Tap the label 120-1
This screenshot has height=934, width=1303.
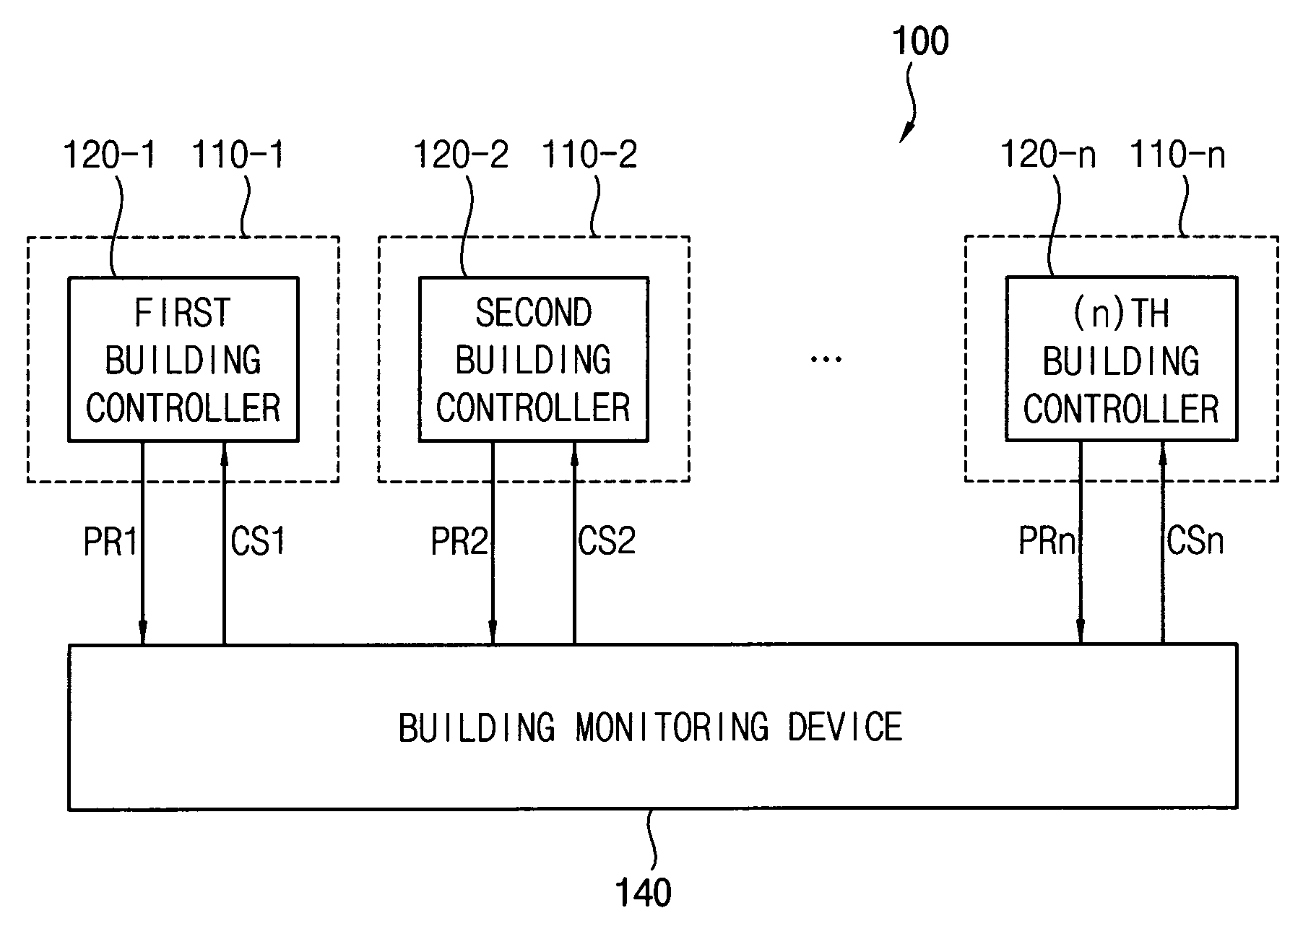pos(110,155)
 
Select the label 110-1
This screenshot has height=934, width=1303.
pos(238,155)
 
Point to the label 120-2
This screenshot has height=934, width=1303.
pos(461,155)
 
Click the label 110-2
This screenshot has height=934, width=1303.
pos(589,155)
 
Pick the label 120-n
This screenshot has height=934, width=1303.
pos(1048,155)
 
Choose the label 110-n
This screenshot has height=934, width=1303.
pos(1177,155)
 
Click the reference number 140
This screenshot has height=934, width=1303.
pos(644,892)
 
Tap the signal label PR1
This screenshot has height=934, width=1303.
pos(111,541)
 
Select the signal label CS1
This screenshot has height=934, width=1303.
pos(258,541)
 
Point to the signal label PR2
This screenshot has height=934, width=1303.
pos(460,541)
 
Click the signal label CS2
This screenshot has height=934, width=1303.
pos(607,541)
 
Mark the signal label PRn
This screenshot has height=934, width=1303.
pos(1047,541)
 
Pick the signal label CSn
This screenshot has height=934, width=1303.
pos(1195,541)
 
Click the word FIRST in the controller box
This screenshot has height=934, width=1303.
pos(183,313)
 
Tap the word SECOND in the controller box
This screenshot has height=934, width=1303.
pos(534,313)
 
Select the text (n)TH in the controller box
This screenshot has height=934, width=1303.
pos(1121,314)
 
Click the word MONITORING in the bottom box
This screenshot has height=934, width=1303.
pos(672,727)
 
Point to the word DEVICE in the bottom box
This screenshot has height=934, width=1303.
pos(845,727)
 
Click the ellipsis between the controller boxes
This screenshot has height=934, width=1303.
pos(826,358)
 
